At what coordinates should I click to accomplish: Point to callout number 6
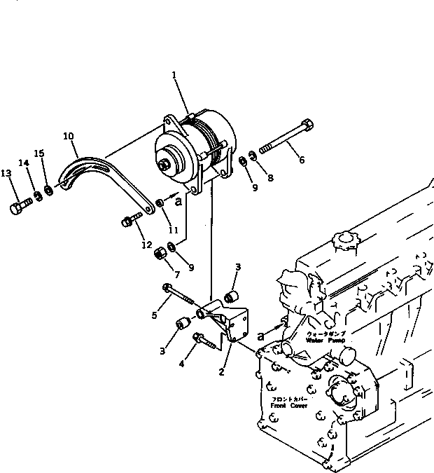[x=302, y=160]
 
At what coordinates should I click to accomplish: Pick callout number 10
[x=68, y=137]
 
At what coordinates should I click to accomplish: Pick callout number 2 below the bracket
[x=220, y=372]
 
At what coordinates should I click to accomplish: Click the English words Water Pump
[x=323, y=339]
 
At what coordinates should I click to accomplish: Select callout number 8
[x=269, y=178]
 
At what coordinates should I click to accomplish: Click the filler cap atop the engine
[x=344, y=242]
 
